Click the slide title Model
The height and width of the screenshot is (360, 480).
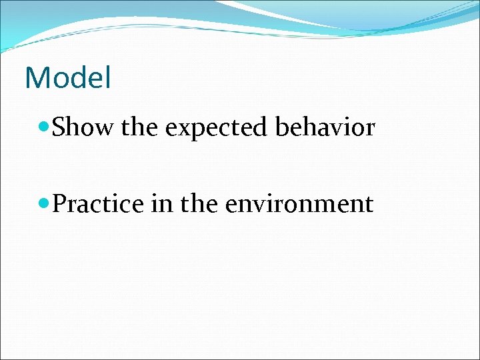click(67, 78)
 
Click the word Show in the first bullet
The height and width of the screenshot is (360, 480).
click(83, 127)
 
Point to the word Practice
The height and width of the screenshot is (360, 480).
click(98, 203)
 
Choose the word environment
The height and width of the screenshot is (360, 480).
click(299, 203)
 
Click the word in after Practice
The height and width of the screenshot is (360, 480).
click(161, 203)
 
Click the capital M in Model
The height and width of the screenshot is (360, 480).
click(36, 78)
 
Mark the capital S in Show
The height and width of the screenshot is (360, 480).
click(59, 127)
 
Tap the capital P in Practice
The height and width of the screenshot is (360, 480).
click(59, 203)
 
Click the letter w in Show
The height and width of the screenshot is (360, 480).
click(105, 128)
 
